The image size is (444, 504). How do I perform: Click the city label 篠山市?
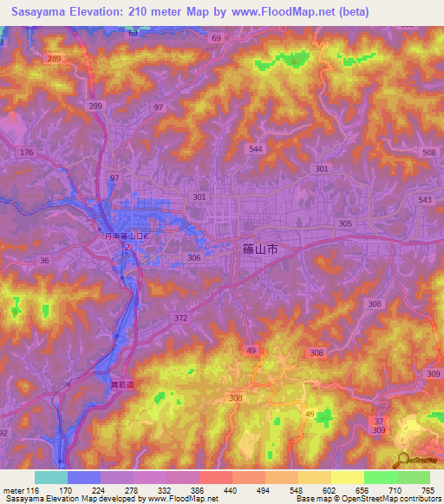click(x=257, y=248)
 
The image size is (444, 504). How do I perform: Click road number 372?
click(x=180, y=319)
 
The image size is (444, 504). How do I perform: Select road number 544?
click(x=256, y=149)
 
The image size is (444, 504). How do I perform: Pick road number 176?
click(x=27, y=152)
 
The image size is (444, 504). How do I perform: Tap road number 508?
click(x=428, y=153)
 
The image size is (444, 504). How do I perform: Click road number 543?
click(x=425, y=200)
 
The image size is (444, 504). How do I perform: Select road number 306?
click(x=194, y=257)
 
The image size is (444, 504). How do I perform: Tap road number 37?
click(x=378, y=421)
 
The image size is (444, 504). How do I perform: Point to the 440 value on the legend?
click(x=230, y=491)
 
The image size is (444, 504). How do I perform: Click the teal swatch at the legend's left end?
click(x=51, y=477)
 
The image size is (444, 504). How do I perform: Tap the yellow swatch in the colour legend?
click(x=348, y=477)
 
